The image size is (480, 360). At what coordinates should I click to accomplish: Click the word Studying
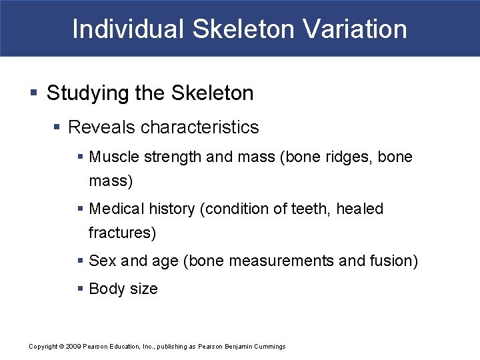point(82,93)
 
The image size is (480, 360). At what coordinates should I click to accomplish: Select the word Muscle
point(111,157)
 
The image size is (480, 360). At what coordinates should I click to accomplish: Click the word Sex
point(102,261)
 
